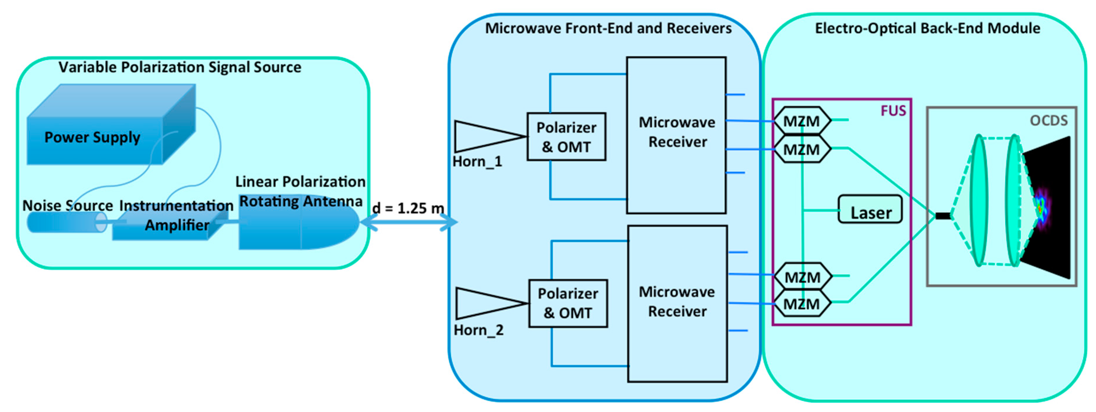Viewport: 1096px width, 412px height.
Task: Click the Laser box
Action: [x=870, y=209]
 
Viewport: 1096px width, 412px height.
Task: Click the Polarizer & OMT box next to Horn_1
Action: [x=566, y=137]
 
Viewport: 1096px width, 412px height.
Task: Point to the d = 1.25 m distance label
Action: [x=408, y=208]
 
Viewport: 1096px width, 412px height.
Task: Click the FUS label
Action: [x=893, y=111]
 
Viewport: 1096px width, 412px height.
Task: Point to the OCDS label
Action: [x=1048, y=121]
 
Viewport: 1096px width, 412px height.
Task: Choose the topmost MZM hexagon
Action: [x=801, y=121]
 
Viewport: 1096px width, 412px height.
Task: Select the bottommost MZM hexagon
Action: [x=801, y=304]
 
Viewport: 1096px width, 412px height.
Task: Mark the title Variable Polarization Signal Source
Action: [x=180, y=67]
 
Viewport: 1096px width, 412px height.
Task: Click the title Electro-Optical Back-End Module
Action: [x=927, y=28]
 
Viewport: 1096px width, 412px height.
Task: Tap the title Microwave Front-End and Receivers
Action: [x=608, y=28]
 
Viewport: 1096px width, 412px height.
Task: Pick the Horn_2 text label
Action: [x=479, y=330]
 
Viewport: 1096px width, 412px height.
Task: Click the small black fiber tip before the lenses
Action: [x=942, y=216]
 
